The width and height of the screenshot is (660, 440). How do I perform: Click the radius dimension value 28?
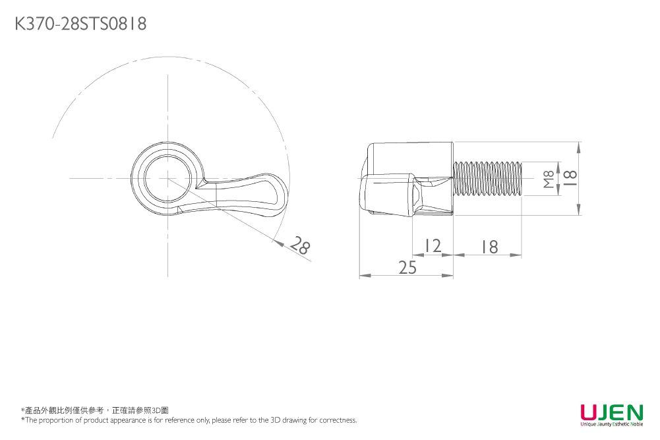(x=300, y=247)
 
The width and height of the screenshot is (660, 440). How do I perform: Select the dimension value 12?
(x=433, y=247)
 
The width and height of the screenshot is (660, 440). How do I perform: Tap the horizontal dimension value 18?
(x=489, y=247)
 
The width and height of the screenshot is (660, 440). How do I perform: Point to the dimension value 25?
(x=407, y=267)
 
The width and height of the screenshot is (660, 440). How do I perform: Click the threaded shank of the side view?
(x=488, y=178)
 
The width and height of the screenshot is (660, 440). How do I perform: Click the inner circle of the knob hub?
(x=167, y=179)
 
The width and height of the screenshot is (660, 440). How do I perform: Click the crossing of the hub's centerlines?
(x=167, y=178)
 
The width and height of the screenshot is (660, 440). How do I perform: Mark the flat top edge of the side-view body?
(x=412, y=142)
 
